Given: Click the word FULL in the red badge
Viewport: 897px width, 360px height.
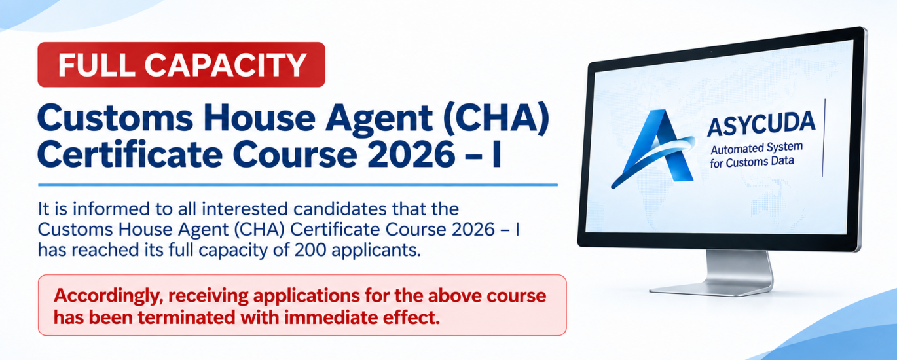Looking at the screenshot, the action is click(96, 64).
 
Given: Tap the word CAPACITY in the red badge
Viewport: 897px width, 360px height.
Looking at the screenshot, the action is click(225, 64).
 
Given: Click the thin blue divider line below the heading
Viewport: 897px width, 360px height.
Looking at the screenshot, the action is click(298, 185).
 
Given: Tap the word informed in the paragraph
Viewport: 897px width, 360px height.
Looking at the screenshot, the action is click(119, 209).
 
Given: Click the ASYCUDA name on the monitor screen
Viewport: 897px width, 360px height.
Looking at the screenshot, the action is click(761, 123).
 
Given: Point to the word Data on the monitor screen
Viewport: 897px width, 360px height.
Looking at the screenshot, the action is click(783, 160).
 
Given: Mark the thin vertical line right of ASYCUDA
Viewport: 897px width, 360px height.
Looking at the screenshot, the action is click(824, 137).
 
